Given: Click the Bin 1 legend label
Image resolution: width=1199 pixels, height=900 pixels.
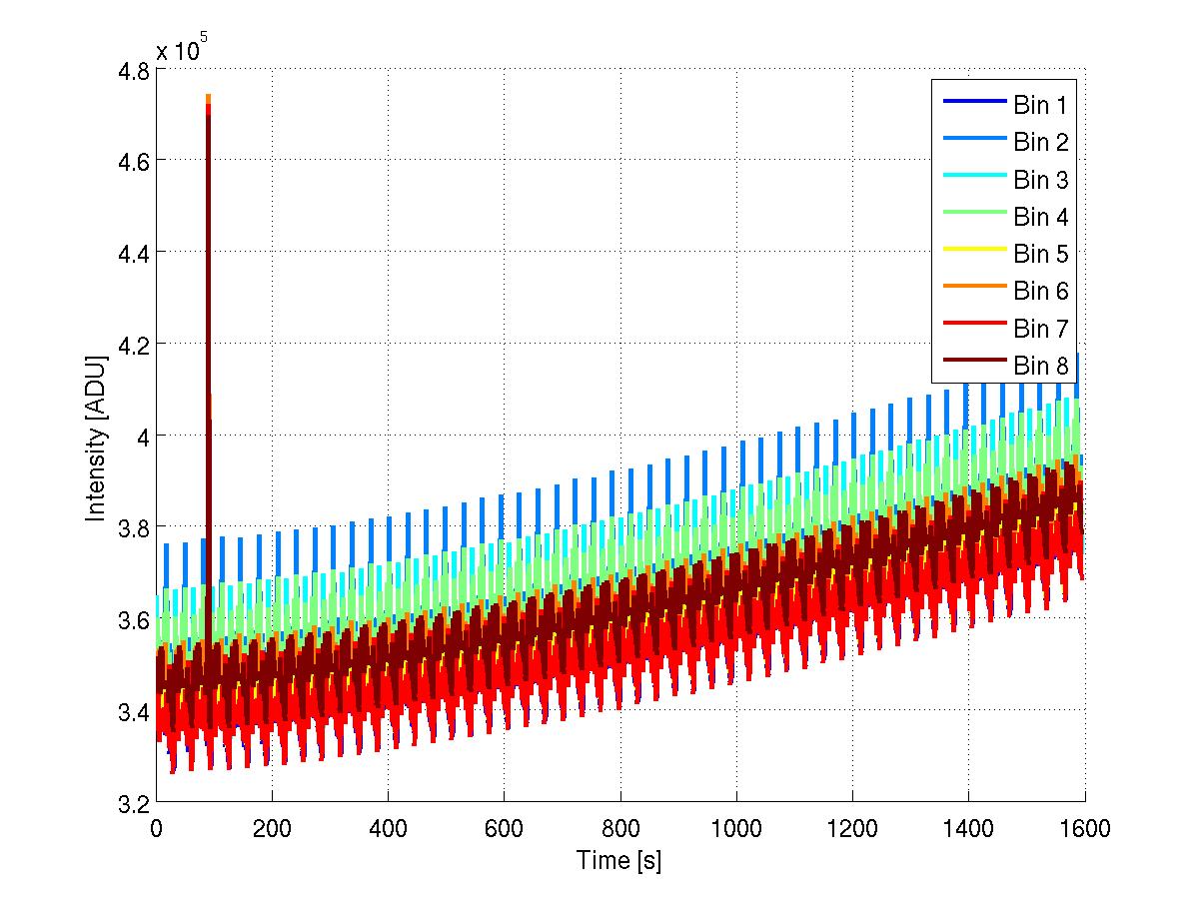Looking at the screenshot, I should [x=1041, y=105].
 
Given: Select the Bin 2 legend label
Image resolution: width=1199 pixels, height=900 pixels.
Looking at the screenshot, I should [x=1041, y=142].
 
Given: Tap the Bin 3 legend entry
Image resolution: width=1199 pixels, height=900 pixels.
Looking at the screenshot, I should [x=1041, y=180].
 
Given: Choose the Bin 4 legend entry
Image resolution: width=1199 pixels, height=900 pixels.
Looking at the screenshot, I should [x=1041, y=217].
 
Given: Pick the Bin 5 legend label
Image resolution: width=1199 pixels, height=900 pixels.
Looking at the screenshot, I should [x=1041, y=254].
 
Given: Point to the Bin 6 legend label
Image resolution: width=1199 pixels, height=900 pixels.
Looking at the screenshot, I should [x=1041, y=291].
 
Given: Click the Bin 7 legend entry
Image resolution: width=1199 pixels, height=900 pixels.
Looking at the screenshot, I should [x=1041, y=328].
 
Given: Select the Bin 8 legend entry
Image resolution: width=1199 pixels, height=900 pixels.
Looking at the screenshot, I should [x=1041, y=366].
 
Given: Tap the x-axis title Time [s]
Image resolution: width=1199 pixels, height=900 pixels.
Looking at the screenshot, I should [x=618, y=860].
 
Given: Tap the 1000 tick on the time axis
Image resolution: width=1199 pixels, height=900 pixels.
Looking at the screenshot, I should [x=735, y=828].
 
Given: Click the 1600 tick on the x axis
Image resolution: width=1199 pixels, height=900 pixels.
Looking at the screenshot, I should [x=1084, y=828].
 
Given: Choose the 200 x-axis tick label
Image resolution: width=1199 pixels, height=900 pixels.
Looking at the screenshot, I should [x=272, y=828].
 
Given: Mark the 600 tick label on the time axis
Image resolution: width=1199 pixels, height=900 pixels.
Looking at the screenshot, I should [x=504, y=828].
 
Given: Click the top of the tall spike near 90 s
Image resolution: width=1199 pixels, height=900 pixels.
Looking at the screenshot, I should [x=208, y=96].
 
